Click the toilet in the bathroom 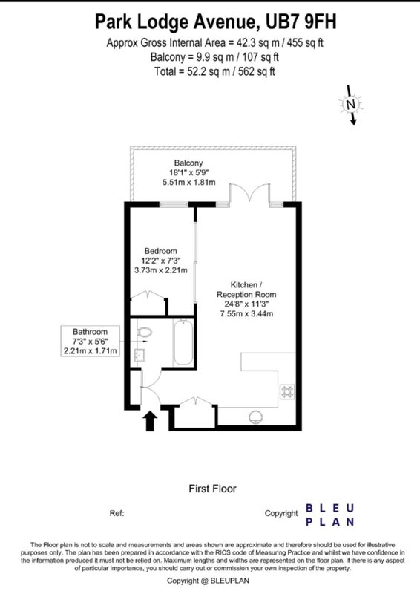(144, 332)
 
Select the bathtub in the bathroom (183, 342)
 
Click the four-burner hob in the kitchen (287, 392)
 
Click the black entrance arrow (151, 421)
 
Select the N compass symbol (351, 105)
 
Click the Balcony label (188, 163)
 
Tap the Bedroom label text (160, 251)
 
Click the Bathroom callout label (90, 341)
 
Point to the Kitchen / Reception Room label (246, 290)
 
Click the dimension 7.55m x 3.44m (246, 313)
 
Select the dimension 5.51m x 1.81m (189, 182)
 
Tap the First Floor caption (212, 489)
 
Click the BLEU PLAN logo (329, 515)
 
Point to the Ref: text (117, 513)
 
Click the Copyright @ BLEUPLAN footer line (208, 581)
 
